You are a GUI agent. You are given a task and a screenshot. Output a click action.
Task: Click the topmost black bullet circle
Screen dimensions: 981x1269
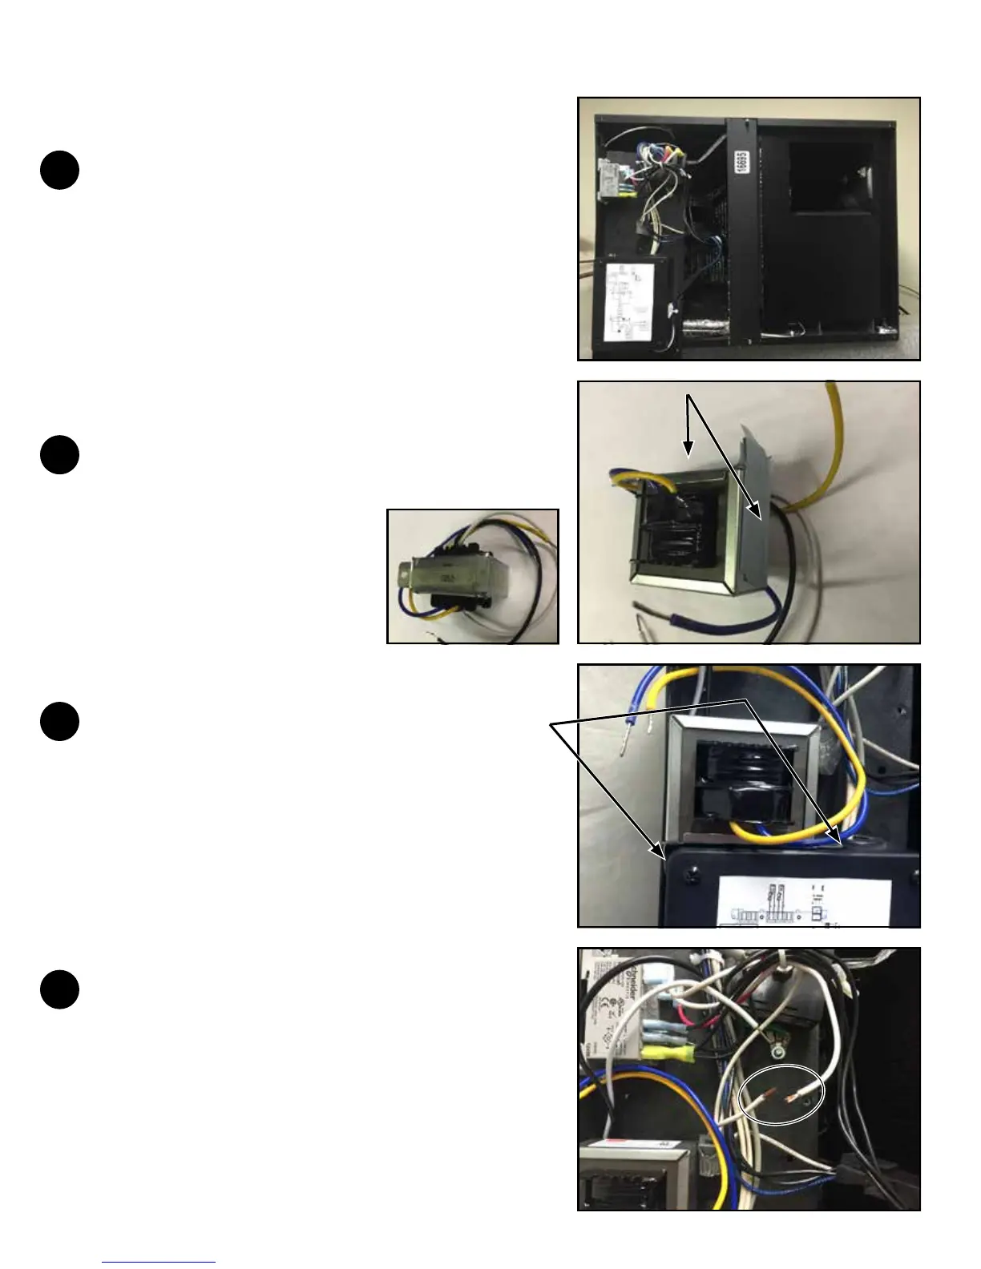[59, 171]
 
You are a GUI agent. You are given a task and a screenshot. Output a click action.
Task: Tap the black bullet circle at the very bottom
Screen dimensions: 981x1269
[59, 989]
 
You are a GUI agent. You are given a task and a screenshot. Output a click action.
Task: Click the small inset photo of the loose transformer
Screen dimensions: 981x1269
[472, 575]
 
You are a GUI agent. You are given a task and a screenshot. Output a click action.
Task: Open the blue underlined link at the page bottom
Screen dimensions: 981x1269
[159, 1263]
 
